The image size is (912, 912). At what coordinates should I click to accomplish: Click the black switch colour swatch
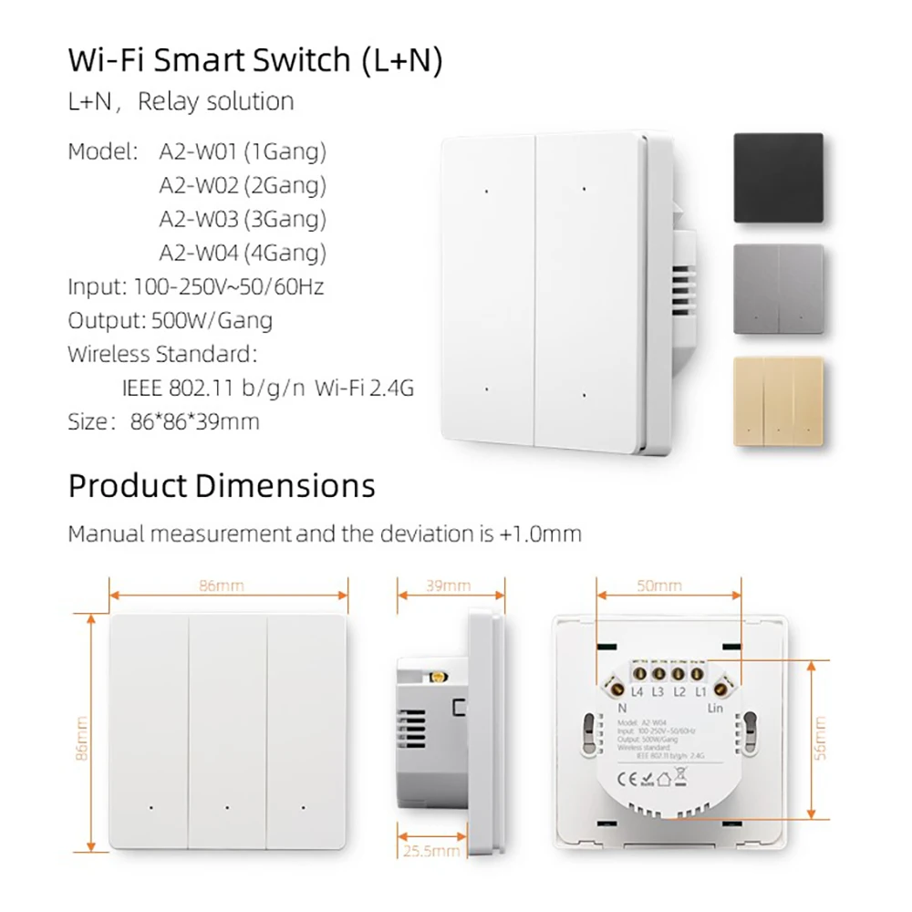(778, 178)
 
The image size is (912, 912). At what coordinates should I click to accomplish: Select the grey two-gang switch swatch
(778, 289)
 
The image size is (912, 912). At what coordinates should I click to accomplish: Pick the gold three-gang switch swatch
(778, 400)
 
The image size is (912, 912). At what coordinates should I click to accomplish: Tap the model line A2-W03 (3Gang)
(243, 219)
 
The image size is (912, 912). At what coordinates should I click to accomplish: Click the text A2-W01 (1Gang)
(243, 150)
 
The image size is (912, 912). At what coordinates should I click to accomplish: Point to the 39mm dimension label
(448, 586)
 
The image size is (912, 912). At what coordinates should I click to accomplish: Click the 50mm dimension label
(659, 586)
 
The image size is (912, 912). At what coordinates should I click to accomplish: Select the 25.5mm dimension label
(430, 851)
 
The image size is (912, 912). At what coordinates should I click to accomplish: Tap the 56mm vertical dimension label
(819, 739)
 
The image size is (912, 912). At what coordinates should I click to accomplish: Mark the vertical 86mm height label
(83, 739)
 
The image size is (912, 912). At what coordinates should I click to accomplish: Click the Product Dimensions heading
(222, 485)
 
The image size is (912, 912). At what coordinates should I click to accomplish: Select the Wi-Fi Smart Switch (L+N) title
(255, 60)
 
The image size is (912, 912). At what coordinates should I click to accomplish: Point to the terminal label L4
(637, 693)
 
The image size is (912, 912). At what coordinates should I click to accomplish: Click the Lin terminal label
(715, 707)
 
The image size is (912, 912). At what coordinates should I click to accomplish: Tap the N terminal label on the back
(621, 707)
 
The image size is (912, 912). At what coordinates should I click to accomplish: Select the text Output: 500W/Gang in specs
(170, 321)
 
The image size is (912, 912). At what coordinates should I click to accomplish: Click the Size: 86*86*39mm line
(164, 421)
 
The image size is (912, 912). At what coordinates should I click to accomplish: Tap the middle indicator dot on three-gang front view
(226, 808)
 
